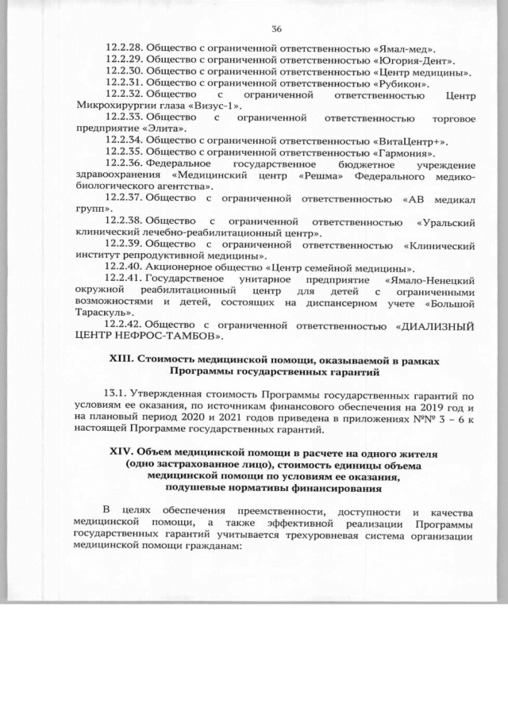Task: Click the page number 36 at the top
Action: (x=276, y=29)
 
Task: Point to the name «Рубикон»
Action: (x=404, y=83)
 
